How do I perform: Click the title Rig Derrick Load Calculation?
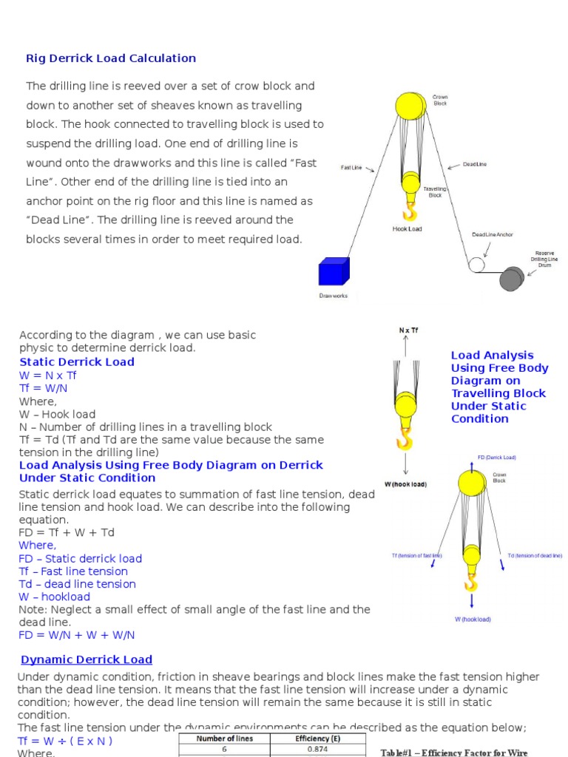[111, 58]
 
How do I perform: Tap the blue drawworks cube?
[334, 271]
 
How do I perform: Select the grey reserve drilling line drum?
[511, 279]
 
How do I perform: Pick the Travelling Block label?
[435, 192]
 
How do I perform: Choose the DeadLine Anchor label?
[493, 235]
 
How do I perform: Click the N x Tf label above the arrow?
[408, 330]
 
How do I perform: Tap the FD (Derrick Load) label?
[497, 458]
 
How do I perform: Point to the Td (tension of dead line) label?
[534, 554]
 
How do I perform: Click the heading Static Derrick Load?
[77, 361]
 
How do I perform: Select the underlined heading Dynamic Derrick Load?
[87, 659]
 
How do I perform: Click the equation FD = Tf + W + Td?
[67, 532]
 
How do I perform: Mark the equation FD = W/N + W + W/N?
[77, 635]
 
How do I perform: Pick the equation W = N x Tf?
[48, 375]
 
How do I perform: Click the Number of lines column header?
[224, 739]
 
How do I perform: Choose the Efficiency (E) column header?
[317, 739]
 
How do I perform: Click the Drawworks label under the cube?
[333, 296]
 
